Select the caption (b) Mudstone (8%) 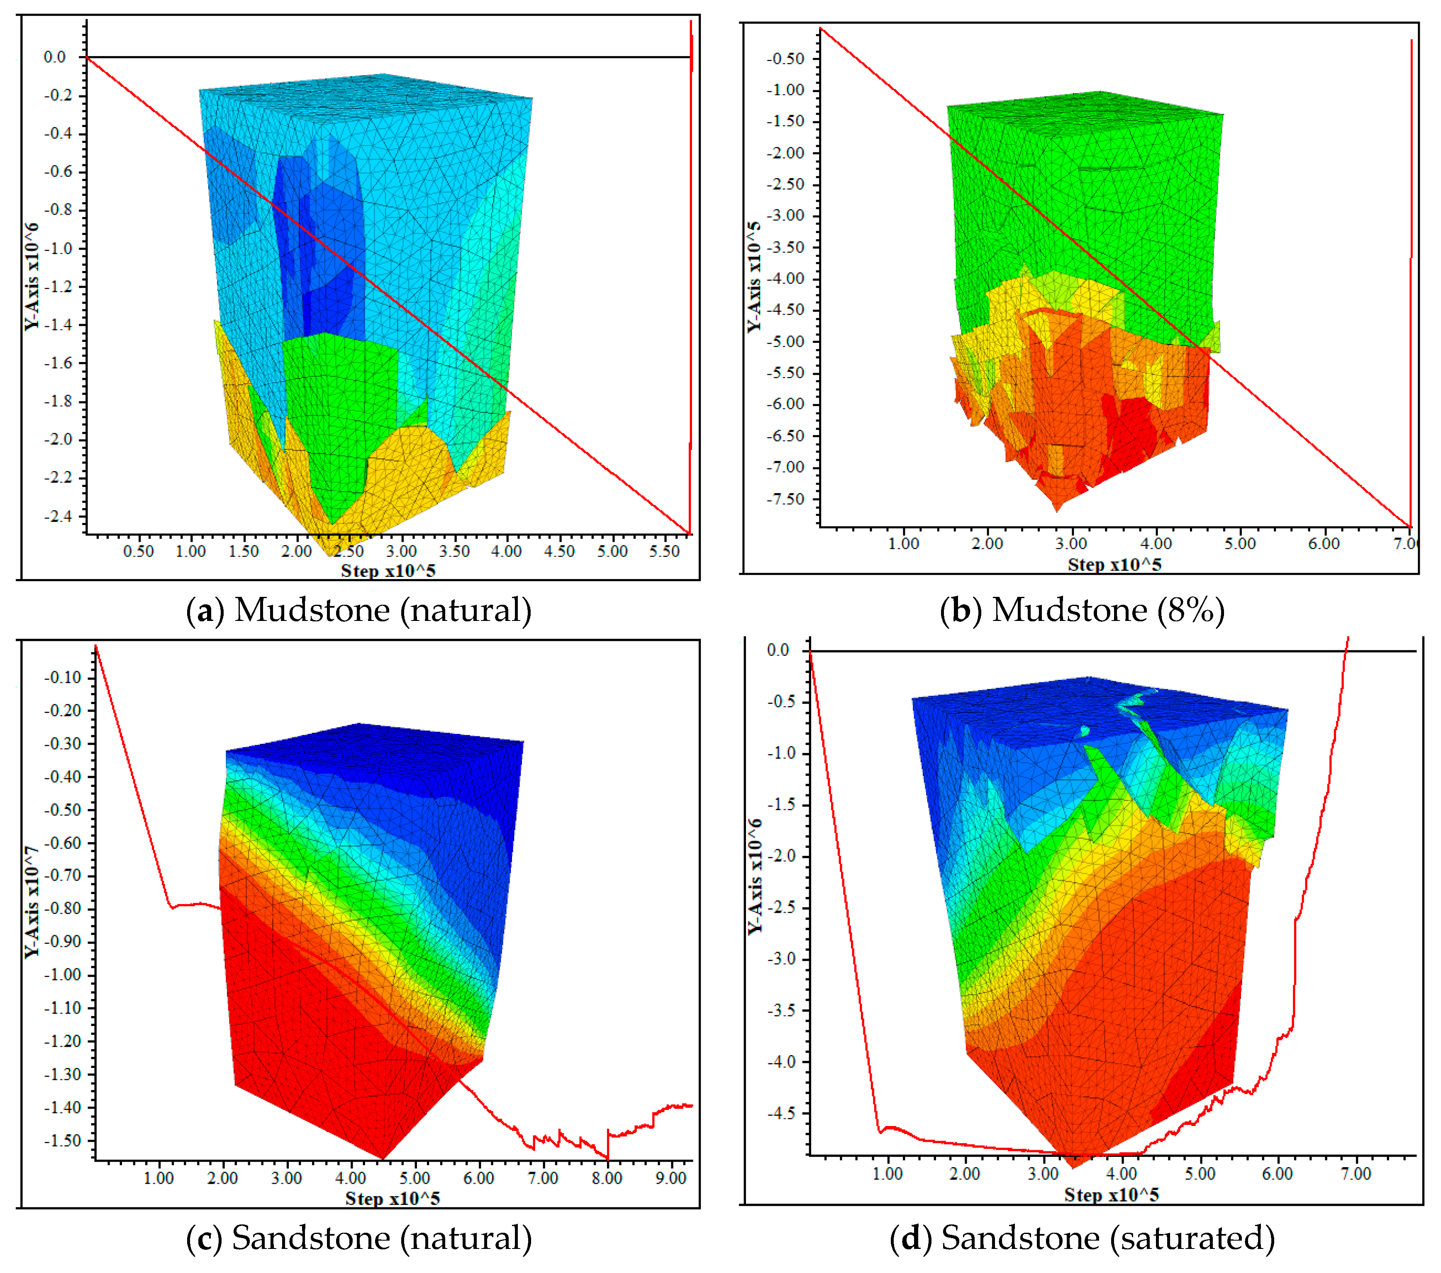1082,610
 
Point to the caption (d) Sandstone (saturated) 1082,1238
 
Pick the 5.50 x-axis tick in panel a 664,551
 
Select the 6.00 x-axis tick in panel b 1323,543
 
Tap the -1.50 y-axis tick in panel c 63,1141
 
